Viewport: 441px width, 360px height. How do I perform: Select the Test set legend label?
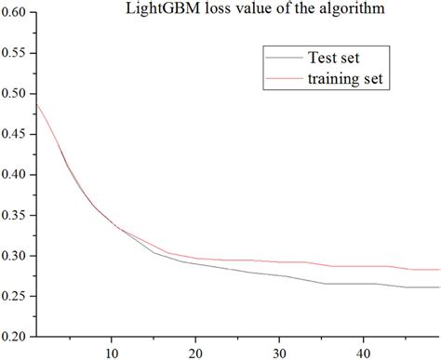pos(333,59)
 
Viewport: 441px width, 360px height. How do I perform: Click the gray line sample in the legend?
pos(281,59)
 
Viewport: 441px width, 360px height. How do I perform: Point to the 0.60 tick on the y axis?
pos(18,12)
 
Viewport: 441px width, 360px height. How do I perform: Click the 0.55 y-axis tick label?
pos(18,53)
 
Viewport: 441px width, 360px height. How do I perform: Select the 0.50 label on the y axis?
pos(18,93)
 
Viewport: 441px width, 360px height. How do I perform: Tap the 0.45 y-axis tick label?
pos(18,134)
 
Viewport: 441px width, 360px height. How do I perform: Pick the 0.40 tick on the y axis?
pos(18,174)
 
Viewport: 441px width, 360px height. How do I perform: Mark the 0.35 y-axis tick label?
pos(18,215)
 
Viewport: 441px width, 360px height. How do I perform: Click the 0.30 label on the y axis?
pos(18,255)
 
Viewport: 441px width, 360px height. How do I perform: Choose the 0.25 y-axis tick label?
pos(18,296)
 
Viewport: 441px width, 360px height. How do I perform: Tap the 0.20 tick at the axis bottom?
pos(18,336)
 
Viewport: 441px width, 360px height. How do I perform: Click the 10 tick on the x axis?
pos(111,352)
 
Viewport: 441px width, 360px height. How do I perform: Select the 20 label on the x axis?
pos(195,352)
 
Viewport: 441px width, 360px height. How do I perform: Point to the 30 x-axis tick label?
pos(279,352)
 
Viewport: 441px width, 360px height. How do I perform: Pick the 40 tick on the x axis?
pos(363,352)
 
